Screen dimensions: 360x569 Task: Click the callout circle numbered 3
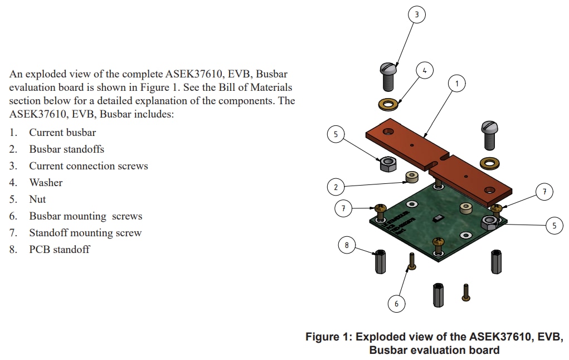[416, 14]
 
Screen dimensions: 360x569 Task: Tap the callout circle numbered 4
[425, 71]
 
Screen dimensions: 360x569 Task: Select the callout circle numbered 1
[457, 84]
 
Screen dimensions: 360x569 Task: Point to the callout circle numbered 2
[335, 187]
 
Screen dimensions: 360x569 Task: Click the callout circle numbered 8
[347, 245]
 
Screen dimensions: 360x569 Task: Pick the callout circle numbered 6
[396, 304]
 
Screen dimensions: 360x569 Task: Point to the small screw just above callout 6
[411, 261]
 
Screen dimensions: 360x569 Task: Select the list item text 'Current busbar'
[62, 133]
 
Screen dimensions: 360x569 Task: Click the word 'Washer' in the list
[46, 183]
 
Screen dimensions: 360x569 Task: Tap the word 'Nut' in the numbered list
[37, 200]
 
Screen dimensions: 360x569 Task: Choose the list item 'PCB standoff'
[59, 250]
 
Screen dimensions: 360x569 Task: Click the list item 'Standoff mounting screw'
[85, 233]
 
